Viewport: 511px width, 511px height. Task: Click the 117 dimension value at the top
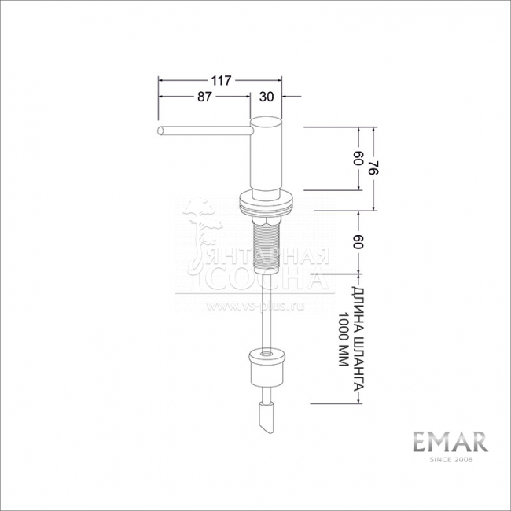click(x=221, y=80)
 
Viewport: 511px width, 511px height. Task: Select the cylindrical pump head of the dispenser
click(x=265, y=153)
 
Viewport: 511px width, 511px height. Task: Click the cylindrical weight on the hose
click(x=266, y=366)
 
